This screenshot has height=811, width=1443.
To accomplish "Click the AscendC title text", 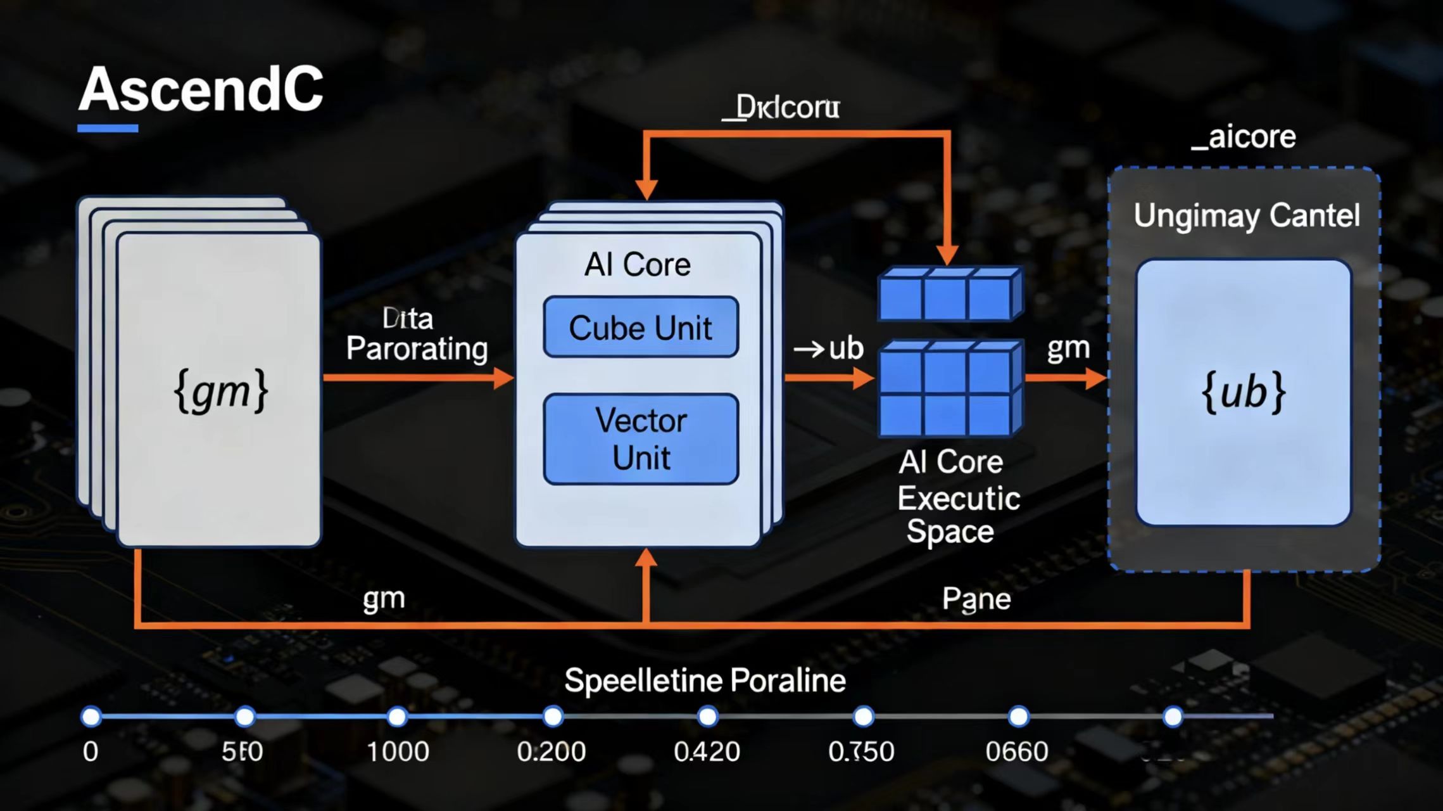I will pos(201,89).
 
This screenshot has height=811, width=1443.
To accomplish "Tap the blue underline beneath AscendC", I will pos(108,129).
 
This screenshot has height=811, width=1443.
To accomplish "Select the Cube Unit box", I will pos(641,328).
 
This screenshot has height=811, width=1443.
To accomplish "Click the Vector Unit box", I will pos(641,439).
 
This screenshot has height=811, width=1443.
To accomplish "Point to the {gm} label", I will pos(220,392).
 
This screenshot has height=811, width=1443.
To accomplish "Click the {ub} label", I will pos(1244,393).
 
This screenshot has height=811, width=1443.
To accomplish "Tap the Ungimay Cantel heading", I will pos(1246,216).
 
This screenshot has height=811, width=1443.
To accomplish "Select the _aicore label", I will pos(1244,137).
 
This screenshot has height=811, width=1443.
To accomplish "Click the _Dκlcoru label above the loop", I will pos(781,108).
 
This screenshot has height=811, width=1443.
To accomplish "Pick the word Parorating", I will pos(417,349).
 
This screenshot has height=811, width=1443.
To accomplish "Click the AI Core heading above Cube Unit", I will pos(637,264).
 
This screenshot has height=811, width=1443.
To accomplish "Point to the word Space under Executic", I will pos(950,532).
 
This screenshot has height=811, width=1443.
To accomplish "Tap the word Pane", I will pos(976,599).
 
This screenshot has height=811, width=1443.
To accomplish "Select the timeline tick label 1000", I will pos(398,752).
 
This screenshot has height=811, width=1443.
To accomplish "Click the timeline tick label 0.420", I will pos(707,752).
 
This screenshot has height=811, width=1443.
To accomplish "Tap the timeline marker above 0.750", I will pos(863,717).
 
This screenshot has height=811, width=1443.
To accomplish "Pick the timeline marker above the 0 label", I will pos(91,717).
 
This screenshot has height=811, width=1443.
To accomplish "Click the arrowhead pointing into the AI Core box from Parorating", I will pos(504,378).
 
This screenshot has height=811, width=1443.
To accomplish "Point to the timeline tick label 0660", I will pos(1017,752).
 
